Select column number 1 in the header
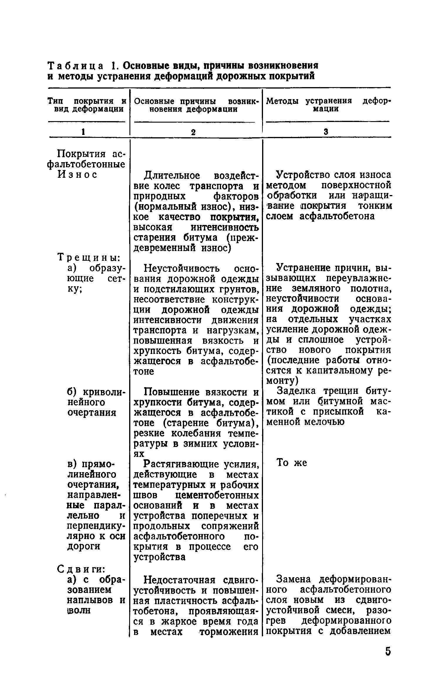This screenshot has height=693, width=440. tap(84, 131)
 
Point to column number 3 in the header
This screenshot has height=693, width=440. tap(326, 131)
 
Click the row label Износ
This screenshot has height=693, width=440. tap(77, 175)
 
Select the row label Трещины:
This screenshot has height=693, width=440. tap(88, 257)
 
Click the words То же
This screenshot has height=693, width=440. tap(292, 463)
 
